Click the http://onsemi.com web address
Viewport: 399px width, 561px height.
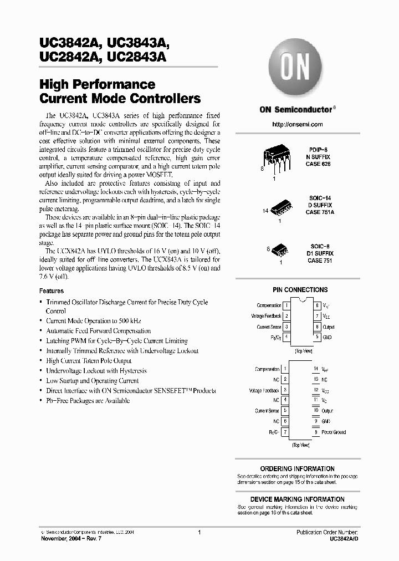click(x=298, y=125)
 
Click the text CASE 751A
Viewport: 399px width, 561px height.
click(x=320, y=212)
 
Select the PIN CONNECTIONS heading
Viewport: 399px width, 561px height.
click(x=300, y=290)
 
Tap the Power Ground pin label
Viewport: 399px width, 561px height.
click(x=334, y=432)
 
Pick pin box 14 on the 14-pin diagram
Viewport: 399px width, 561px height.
click(x=316, y=369)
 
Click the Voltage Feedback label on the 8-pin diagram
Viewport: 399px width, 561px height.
click(x=266, y=316)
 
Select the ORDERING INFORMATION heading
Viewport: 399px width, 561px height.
click(x=298, y=469)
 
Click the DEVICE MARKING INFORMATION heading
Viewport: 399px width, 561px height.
click(x=298, y=499)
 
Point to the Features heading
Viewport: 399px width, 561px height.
click(x=51, y=291)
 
